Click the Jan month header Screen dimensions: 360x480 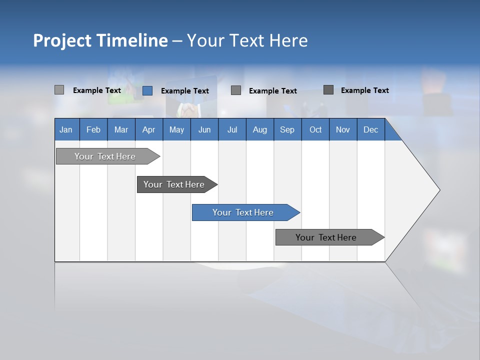pyautogui.click(x=66, y=129)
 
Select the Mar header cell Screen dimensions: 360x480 pyautogui.click(x=121, y=129)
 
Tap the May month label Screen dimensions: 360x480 pyautogui.click(x=176, y=129)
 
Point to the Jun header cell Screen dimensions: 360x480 pyautogui.click(x=204, y=129)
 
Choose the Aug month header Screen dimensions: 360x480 pyautogui.click(x=259, y=129)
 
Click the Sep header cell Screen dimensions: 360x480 pyautogui.click(x=287, y=129)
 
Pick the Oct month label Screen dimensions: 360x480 pyautogui.click(x=315, y=129)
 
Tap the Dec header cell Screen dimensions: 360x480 pyautogui.click(x=370, y=129)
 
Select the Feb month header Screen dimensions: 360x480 pyautogui.click(x=93, y=129)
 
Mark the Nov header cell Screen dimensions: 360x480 pyautogui.click(x=343, y=129)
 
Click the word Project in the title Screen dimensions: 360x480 pyautogui.click(x=62, y=40)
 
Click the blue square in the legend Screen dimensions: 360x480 pyautogui.click(x=147, y=90)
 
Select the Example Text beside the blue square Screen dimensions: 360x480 pyautogui.click(x=184, y=91)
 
